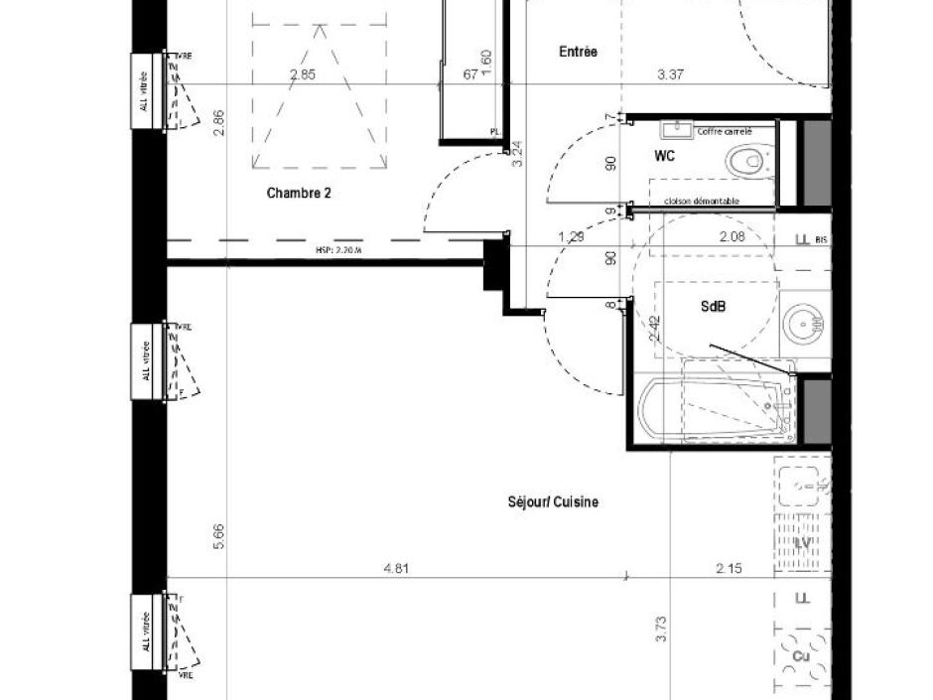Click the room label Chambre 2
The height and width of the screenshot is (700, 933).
point(299,194)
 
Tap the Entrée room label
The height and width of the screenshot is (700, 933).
point(579,52)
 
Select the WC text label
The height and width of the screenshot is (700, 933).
point(664,157)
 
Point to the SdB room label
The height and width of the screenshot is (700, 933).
point(713,308)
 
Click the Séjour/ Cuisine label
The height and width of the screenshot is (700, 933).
point(553,502)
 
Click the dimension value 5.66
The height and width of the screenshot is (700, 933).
point(219,536)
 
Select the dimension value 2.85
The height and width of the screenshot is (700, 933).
point(303,74)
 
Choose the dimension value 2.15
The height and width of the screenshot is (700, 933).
point(730,569)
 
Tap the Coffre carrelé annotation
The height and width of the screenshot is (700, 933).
point(724,131)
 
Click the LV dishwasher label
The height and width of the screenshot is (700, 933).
point(804,545)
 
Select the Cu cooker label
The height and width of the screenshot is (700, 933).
point(801,656)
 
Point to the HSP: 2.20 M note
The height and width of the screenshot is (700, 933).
point(339,251)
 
